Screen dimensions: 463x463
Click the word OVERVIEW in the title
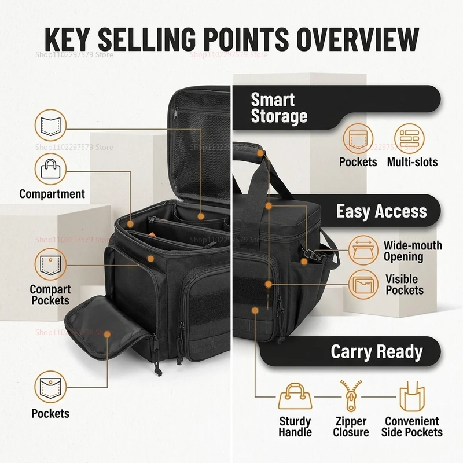358,39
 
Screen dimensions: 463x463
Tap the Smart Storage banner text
279,108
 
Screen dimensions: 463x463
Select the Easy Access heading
381,211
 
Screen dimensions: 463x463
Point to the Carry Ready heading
377,351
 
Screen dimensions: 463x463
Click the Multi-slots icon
409,138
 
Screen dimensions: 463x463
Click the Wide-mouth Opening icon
363,250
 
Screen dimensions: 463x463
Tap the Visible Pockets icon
363,284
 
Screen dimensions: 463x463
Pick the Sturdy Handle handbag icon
295,396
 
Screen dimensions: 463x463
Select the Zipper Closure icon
351,396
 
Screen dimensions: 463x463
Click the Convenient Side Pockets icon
412,396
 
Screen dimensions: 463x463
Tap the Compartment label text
52,194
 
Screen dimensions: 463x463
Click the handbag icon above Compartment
50,169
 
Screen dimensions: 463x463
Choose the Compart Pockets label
50,295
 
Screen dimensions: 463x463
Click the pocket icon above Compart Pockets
50,264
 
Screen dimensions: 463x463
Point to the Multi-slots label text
412,162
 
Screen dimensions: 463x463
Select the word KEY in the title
67,39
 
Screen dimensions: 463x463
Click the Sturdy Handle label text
295,427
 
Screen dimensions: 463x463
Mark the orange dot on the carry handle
260,153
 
